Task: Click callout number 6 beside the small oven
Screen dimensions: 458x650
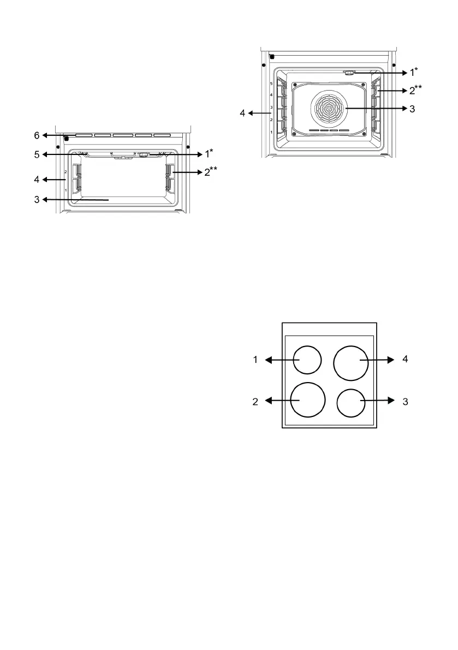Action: [x=37, y=135]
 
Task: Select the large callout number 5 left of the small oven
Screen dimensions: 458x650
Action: [x=37, y=154]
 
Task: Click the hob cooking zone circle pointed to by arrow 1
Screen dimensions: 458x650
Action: [x=307, y=360]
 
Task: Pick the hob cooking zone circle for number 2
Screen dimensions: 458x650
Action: [x=307, y=399]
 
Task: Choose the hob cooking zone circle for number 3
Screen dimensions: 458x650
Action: [x=351, y=403]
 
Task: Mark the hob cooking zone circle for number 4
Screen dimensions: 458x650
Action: [x=351, y=363]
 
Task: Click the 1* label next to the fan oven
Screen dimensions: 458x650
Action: [x=413, y=72]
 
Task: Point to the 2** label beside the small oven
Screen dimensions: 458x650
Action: [x=210, y=171]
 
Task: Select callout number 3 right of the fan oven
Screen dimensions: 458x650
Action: [x=412, y=109]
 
